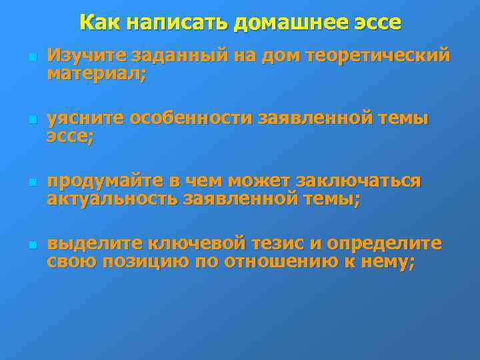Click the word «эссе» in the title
(x=376, y=23)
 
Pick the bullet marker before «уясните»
(x=23, y=120)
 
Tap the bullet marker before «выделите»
(x=23, y=245)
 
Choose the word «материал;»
(x=96, y=73)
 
